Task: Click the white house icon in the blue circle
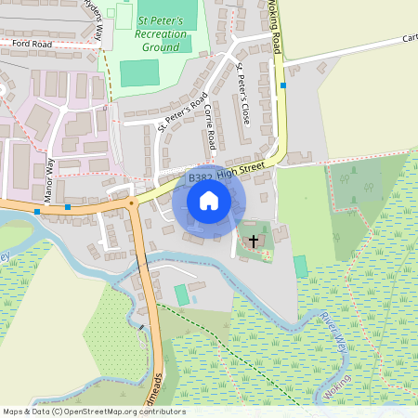click(209, 201)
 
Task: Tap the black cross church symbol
click(254, 241)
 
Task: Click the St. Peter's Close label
click(244, 94)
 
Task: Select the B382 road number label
click(200, 176)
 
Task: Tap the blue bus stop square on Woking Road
click(283, 85)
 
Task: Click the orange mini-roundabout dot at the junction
click(132, 202)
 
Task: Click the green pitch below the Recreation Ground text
click(139, 73)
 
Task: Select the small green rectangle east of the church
click(300, 266)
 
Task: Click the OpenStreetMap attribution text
click(94, 411)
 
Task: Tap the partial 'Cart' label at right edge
click(409, 39)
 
